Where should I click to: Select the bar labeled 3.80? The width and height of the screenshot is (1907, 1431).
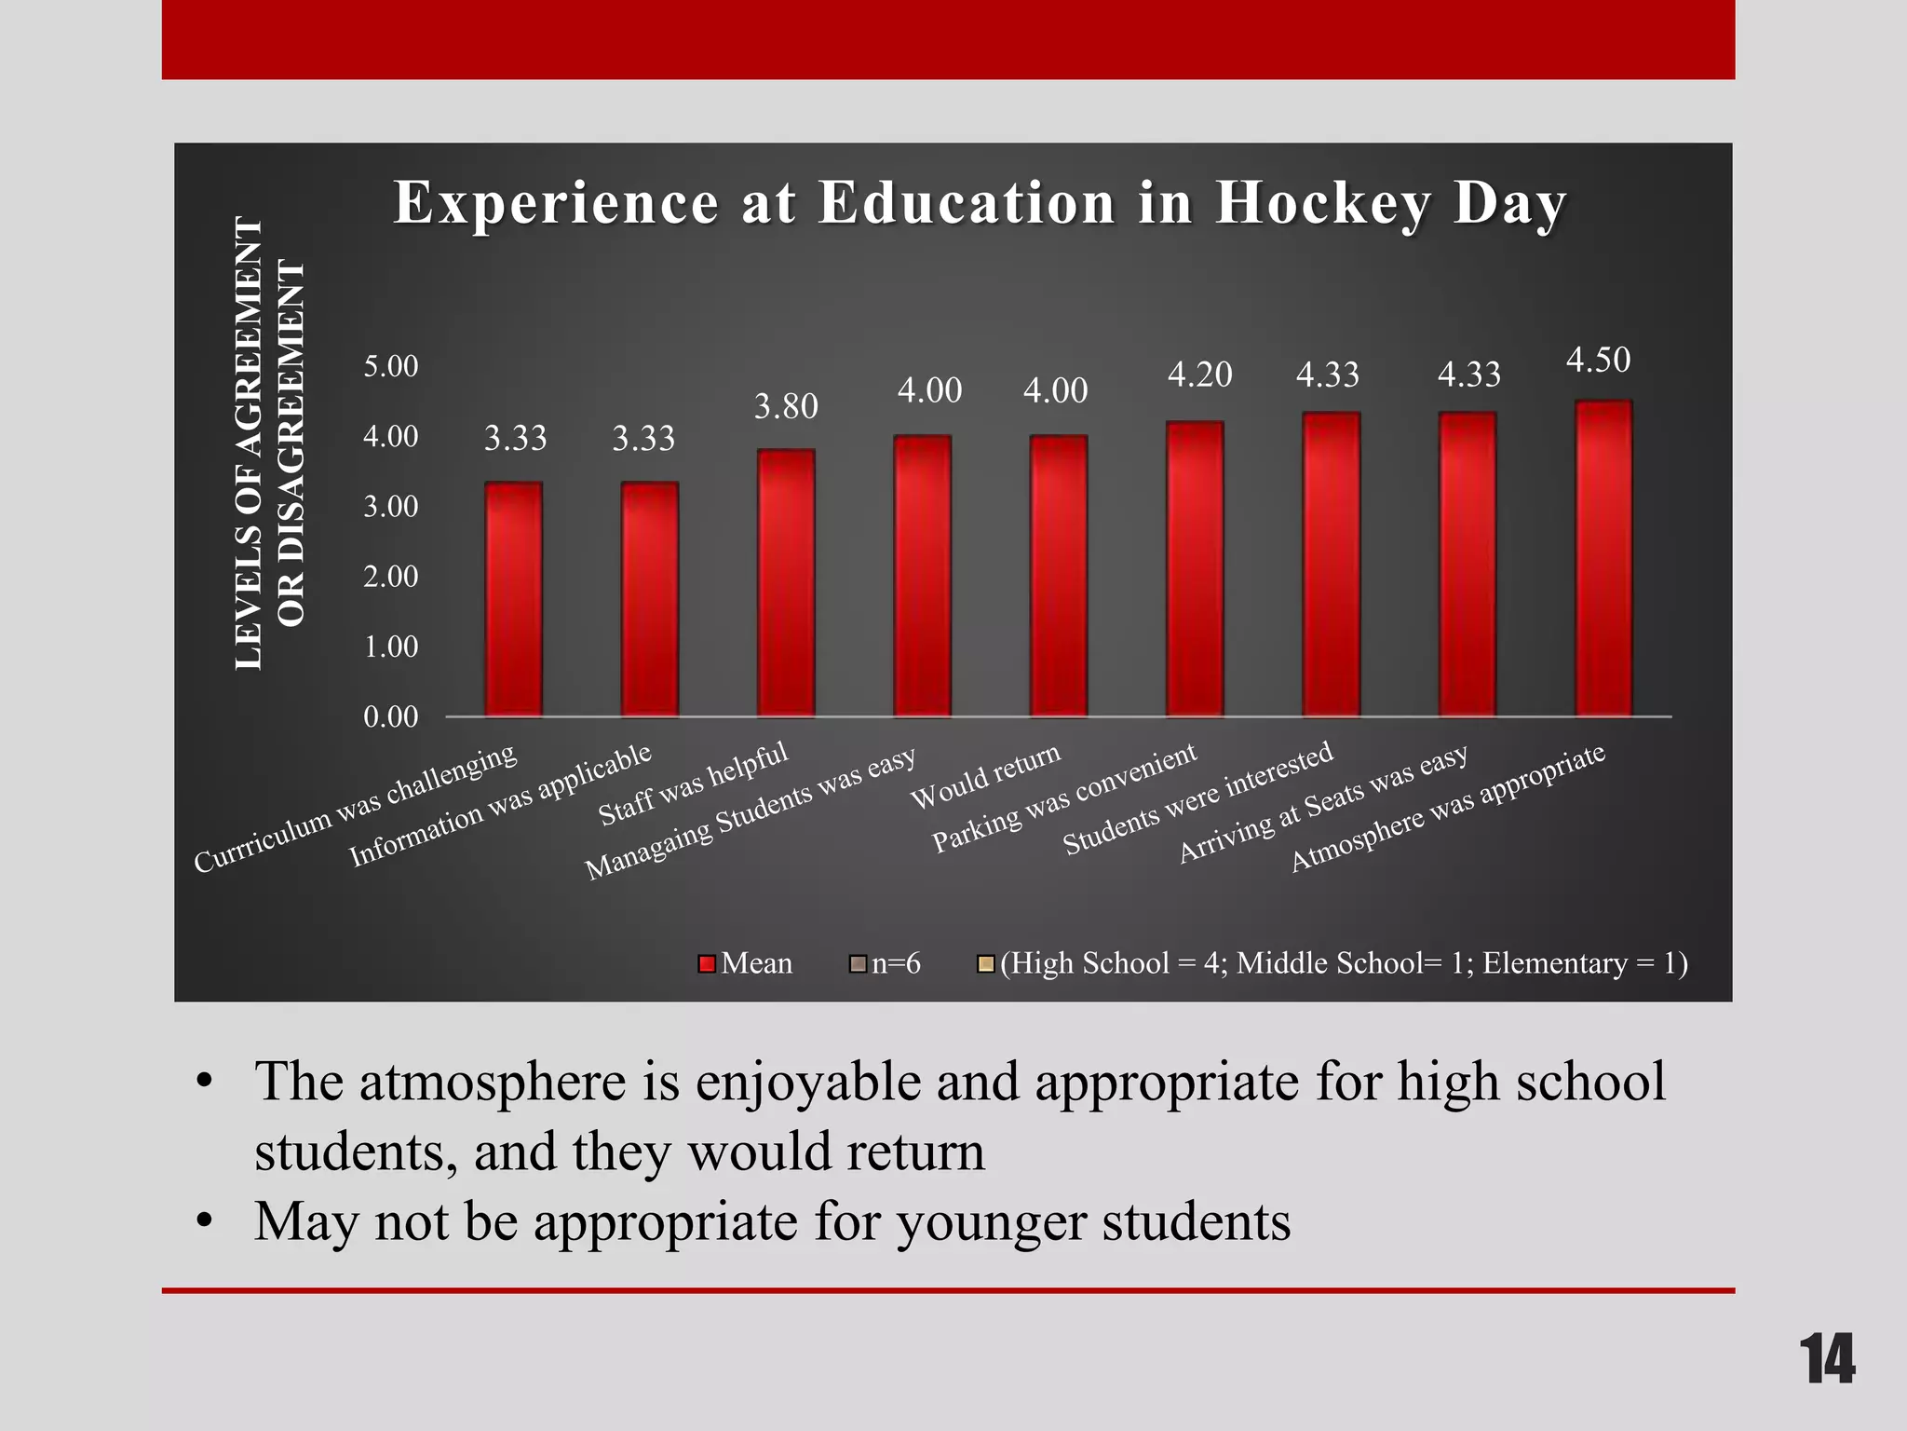(786, 583)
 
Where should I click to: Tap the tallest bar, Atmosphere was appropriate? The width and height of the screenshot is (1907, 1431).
(1603, 559)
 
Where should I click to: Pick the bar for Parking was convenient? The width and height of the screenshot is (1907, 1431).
(1195, 569)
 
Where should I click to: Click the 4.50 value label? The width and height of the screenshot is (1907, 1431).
(1598, 360)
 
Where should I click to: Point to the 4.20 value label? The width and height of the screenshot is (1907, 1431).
(1199, 375)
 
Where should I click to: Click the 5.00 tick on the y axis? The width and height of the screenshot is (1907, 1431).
(390, 366)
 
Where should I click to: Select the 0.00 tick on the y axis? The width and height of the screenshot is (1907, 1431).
(390, 716)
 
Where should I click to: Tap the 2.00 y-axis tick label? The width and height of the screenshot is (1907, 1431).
(390, 577)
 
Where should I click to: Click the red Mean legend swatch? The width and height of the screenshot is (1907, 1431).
(707, 963)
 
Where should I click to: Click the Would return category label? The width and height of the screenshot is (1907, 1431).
(985, 776)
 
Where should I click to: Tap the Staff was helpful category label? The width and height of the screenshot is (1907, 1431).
(693, 784)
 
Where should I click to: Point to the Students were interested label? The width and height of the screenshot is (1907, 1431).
(1197, 798)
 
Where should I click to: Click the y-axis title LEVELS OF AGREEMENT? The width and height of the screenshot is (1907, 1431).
(250, 443)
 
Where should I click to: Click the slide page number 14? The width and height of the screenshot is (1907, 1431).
(1827, 1359)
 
